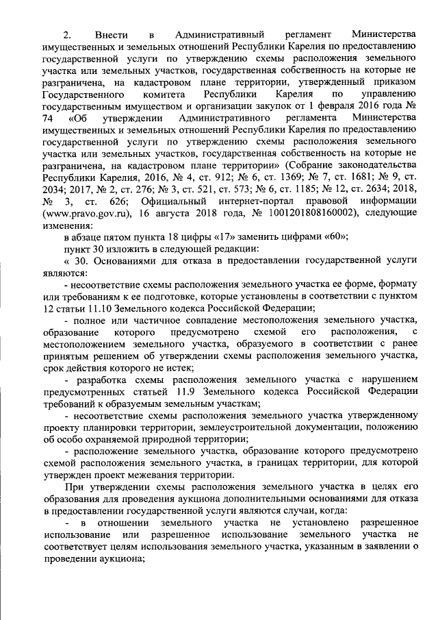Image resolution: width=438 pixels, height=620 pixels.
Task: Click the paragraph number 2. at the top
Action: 67,34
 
